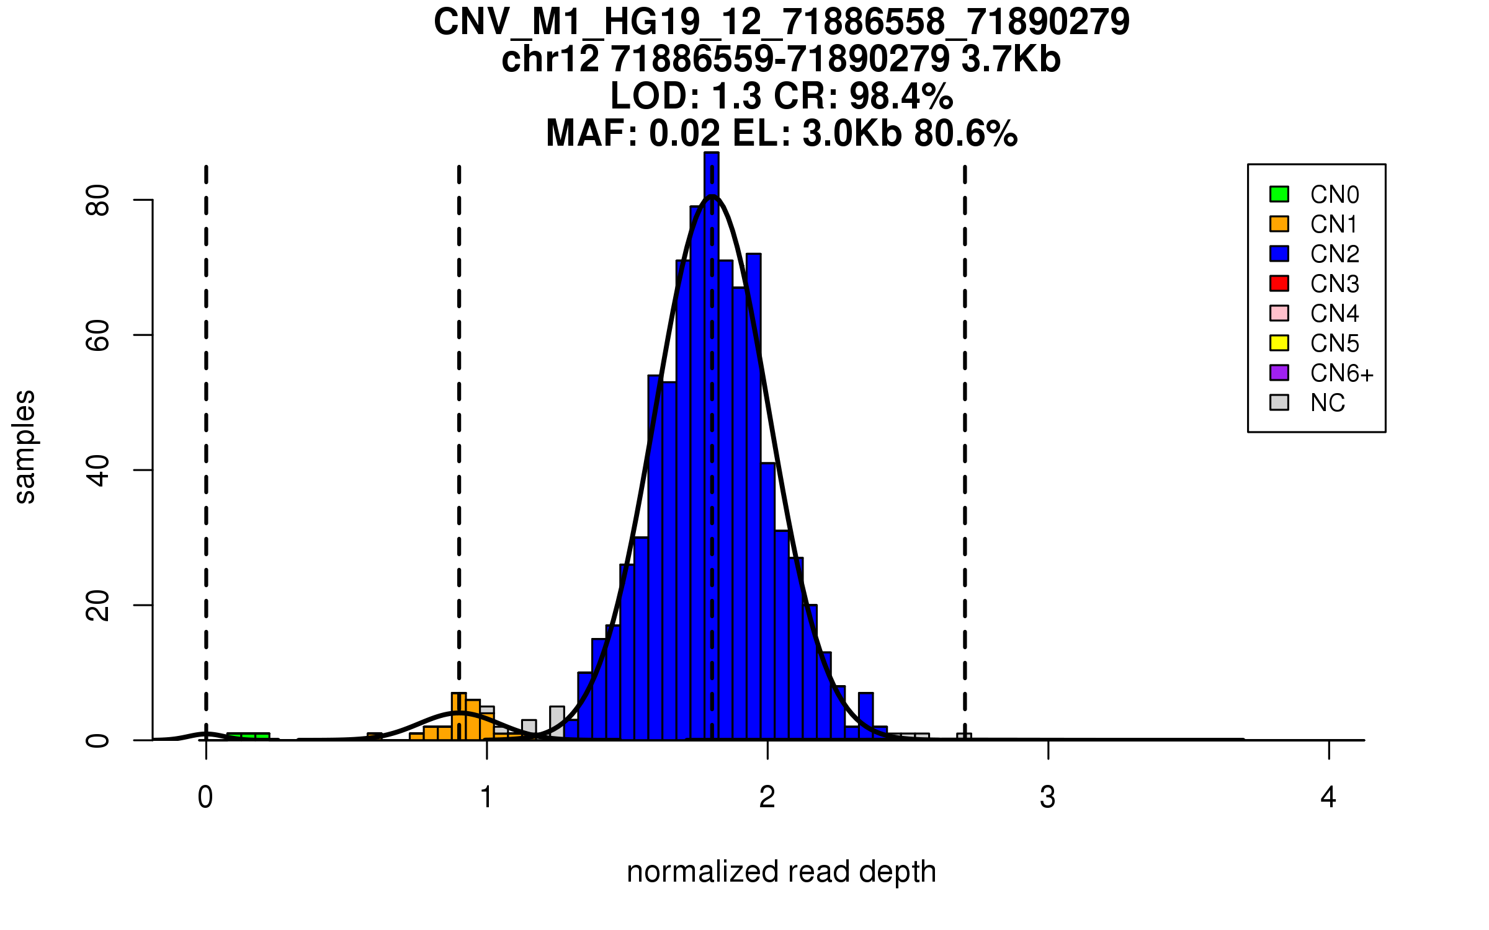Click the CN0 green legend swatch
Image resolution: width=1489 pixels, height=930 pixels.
[x=1279, y=194]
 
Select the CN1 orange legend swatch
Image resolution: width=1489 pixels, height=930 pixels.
[x=1279, y=224]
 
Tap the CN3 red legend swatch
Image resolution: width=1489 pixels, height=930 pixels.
[x=1279, y=283]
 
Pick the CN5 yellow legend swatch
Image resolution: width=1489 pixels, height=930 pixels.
[x=1279, y=343]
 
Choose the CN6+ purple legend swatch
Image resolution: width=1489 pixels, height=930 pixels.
[x=1279, y=373]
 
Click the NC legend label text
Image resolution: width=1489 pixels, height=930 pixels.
[x=1327, y=403]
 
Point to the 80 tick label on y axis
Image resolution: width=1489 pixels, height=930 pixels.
[x=98, y=200]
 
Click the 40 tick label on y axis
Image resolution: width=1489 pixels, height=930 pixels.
[x=98, y=470]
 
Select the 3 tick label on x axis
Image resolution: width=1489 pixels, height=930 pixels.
[x=1048, y=797]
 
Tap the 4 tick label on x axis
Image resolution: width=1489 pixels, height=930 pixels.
[x=1328, y=797]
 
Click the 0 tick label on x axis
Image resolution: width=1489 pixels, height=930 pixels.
[x=205, y=797]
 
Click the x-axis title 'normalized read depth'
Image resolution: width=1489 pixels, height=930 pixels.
[x=781, y=872]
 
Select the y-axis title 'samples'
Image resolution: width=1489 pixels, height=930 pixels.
[x=25, y=446]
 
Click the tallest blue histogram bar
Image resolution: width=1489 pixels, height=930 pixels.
[x=712, y=434]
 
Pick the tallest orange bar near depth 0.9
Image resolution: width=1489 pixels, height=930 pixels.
[x=458, y=717]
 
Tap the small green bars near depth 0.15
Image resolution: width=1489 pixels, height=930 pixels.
[x=248, y=737]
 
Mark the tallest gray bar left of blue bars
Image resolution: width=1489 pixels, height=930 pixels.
[x=557, y=722]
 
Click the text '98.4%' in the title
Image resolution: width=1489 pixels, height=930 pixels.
[x=901, y=96]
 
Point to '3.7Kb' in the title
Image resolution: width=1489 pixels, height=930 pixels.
[x=1011, y=60]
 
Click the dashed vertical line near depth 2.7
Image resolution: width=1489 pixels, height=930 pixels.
[x=965, y=434]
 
